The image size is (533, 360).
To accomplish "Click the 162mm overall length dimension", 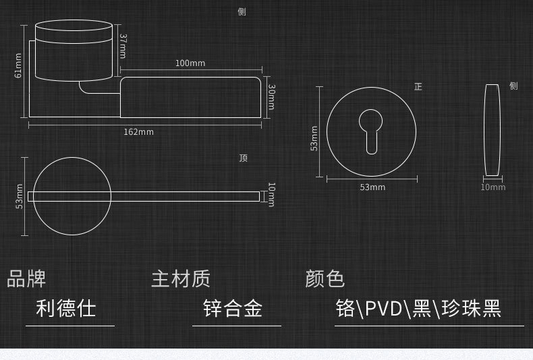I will pos(138,131).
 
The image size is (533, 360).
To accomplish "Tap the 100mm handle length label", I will pos(190,63).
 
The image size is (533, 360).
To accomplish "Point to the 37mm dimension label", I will pos(122,46).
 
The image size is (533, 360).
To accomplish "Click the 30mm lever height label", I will pos(271,97).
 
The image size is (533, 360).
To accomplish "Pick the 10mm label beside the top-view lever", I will pos(271,194).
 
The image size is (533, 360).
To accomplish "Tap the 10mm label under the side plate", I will pos(493,187).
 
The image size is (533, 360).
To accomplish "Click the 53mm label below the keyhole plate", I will pos(372,187).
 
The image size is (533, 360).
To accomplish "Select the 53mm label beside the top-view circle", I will pos(20,196).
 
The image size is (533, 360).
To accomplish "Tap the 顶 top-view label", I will pos(244,158).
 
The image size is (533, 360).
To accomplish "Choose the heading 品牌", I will pos(26,278).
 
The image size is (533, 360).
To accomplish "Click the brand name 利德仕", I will pos(66,309).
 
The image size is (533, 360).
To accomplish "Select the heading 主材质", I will pos(180,278).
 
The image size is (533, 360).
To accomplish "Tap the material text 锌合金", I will pos(233,309).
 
